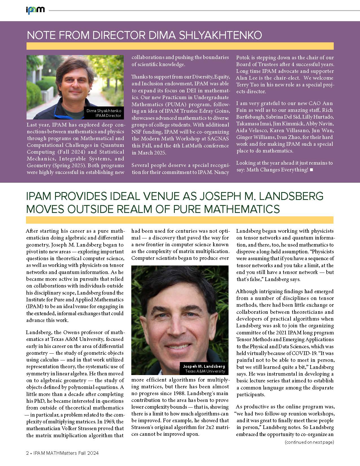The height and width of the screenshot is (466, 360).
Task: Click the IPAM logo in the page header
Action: click(x=35, y=10)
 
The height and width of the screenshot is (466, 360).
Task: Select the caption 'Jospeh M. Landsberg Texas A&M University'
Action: click(x=204, y=369)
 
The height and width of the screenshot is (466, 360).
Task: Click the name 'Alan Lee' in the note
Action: click(x=247, y=78)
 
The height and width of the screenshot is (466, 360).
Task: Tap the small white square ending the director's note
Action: click(x=311, y=170)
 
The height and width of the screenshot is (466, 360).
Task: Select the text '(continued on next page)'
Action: click(x=309, y=442)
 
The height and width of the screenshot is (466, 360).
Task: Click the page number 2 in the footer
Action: click(x=27, y=453)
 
